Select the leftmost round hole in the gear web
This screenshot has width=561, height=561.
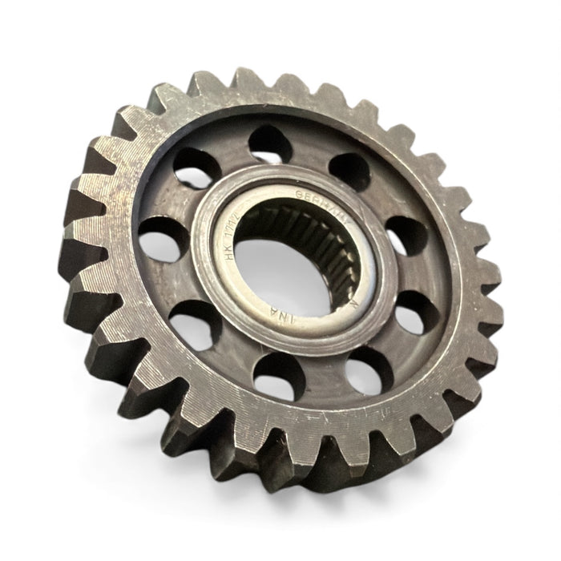click(x=156, y=236)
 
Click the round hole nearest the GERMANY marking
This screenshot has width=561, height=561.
click(x=350, y=170)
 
